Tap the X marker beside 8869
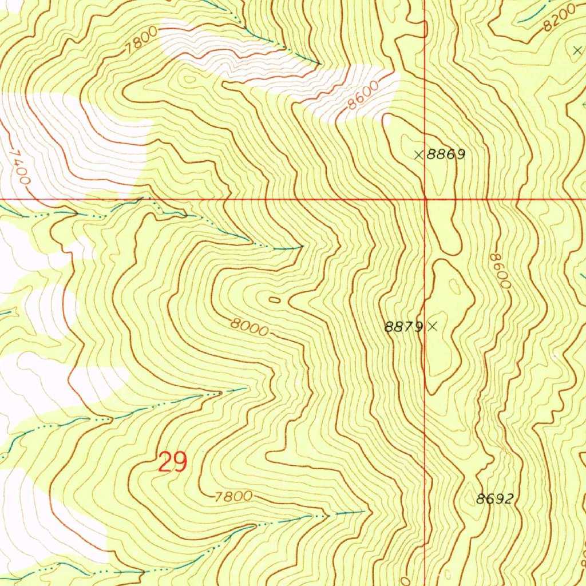[419, 154]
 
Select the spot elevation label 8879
[404, 327]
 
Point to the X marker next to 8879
[433, 326]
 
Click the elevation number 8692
[494, 499]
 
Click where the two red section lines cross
[425, 199]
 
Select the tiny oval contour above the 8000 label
[275, 299]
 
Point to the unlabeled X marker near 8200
[576, 50]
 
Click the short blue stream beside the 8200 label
[530, 15]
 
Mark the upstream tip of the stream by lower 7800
[364, 510]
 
